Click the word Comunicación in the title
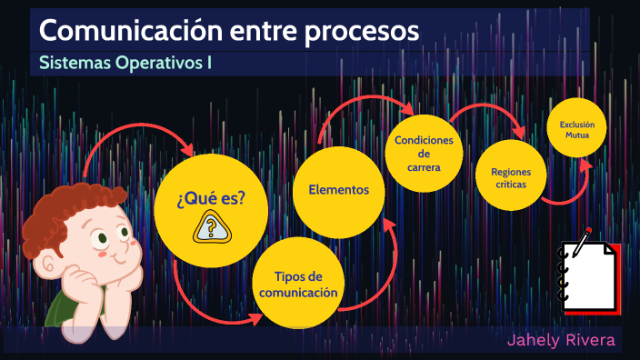point(117,31)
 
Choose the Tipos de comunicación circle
point(298,284)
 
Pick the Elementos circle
point(338,190)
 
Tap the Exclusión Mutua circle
point(576,128)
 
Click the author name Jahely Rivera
point(561,341)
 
